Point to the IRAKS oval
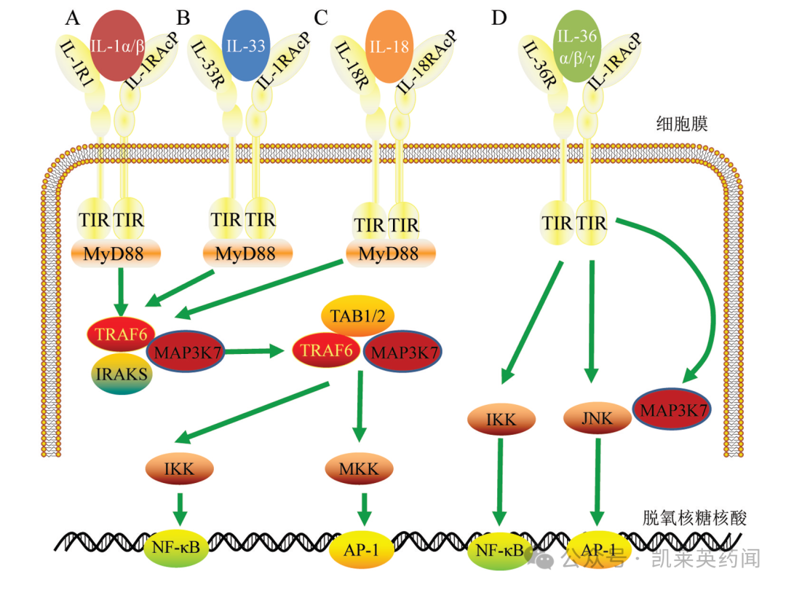[120, 375]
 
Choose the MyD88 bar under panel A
[116, 254]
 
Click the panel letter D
[499, 17]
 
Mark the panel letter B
[183, 17]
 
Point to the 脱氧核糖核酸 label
[695, 518]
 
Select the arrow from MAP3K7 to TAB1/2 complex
[255, 352]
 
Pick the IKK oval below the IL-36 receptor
[502, 419]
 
